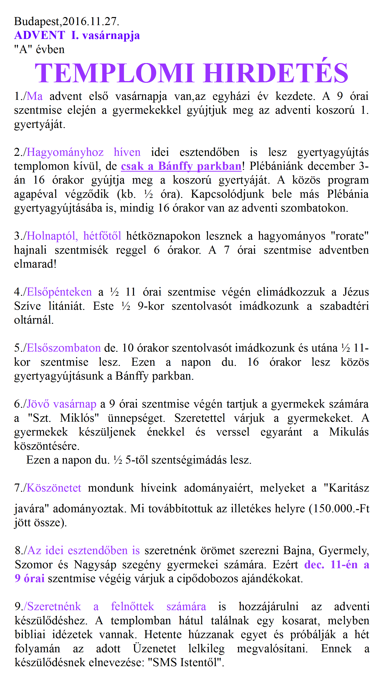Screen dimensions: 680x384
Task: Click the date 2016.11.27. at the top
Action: click(x=91, y=21)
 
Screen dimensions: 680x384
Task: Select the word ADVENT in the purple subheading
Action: click(x=40, y=35)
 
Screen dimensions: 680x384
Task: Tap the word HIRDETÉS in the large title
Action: click(x=276, y=73)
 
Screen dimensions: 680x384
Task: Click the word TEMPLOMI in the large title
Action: click(x=115, y=73)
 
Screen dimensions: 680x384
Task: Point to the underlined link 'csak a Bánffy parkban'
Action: click(x=181, y=166)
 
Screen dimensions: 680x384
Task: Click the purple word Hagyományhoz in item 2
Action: click(x=65, y=152)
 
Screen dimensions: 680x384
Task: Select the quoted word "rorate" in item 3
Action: click(x=349, y=236)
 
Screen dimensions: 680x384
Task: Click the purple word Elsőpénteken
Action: click(x=59, y=292)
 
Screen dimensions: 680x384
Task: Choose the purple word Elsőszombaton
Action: click(x=64, y=348)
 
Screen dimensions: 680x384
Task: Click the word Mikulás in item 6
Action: click(x=349, y=432)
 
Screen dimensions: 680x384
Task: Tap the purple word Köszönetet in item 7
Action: click(x=54, y=488)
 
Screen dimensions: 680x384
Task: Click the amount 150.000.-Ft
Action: click(x=341, y=509)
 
